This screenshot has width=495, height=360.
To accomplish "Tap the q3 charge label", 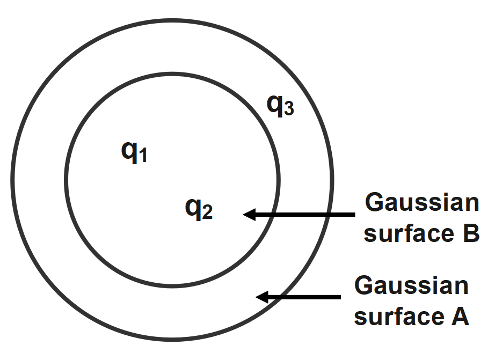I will point(281,106).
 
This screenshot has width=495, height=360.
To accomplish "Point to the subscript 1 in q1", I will point(142,157).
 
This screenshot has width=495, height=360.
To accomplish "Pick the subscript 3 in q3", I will point(289,110).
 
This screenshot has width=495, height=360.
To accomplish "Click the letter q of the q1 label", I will point(129,152).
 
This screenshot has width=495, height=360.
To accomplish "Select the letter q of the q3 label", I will point(275,106).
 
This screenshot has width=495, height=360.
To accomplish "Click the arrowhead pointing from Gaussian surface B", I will point(248,215).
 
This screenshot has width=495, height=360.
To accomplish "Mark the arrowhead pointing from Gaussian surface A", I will point(261,297).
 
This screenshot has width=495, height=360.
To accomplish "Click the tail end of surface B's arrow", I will point(353,215).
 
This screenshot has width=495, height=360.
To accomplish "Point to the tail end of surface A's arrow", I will point(339,297).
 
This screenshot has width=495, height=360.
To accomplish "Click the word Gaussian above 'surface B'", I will point(421,204).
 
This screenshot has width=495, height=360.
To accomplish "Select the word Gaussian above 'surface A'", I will point(411,286).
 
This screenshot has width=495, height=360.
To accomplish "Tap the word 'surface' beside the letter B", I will point(404,234).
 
